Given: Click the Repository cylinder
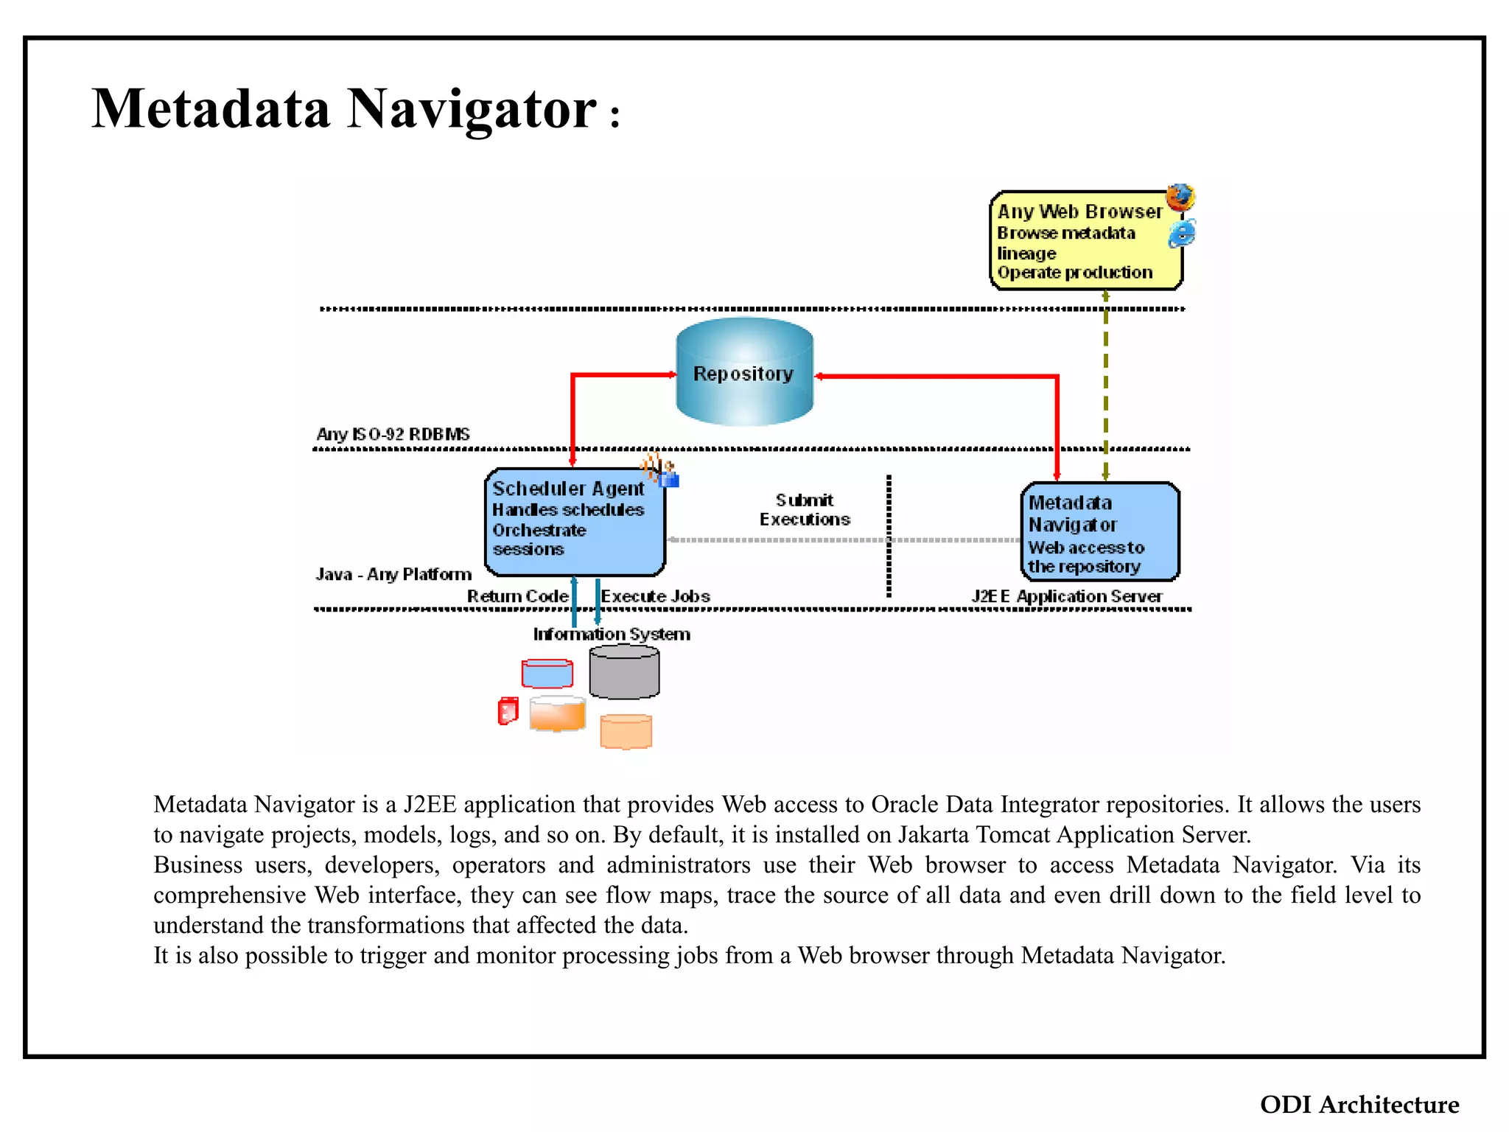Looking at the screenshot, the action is coord(744,371).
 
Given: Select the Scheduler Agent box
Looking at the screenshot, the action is coord(575,522).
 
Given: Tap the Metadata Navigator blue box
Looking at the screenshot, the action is coord(1099,531).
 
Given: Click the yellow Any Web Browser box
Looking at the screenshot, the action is coord(1085,240).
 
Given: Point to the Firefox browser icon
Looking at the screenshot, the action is coord(1180,198).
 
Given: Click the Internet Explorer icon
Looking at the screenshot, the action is coord(1182,234).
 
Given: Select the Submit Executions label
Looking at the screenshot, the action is coord(805,510).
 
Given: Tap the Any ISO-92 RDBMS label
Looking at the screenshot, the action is coord(393,434).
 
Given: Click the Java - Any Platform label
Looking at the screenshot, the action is coord(393,574).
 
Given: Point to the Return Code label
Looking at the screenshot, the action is coord(518,595).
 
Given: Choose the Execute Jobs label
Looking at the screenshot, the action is coord(655,595).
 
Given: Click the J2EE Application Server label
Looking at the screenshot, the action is coord(1067,595).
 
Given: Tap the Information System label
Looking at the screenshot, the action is coord(612,634).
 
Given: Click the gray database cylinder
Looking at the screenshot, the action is coord(624,671).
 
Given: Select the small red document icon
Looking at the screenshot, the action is coord(508,710).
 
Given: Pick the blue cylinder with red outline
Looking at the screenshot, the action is coord(547,674).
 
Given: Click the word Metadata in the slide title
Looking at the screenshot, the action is coord(211,108).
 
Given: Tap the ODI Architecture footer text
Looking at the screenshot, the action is coord(1359,1104).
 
